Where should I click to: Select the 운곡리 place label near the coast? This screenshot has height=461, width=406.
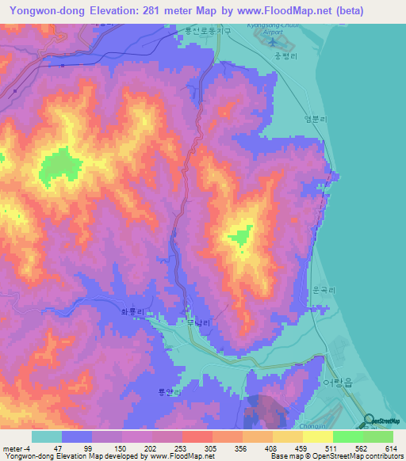326,290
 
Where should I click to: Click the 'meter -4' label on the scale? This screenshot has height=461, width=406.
15,448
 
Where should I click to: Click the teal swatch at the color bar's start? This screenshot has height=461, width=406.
47,436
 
